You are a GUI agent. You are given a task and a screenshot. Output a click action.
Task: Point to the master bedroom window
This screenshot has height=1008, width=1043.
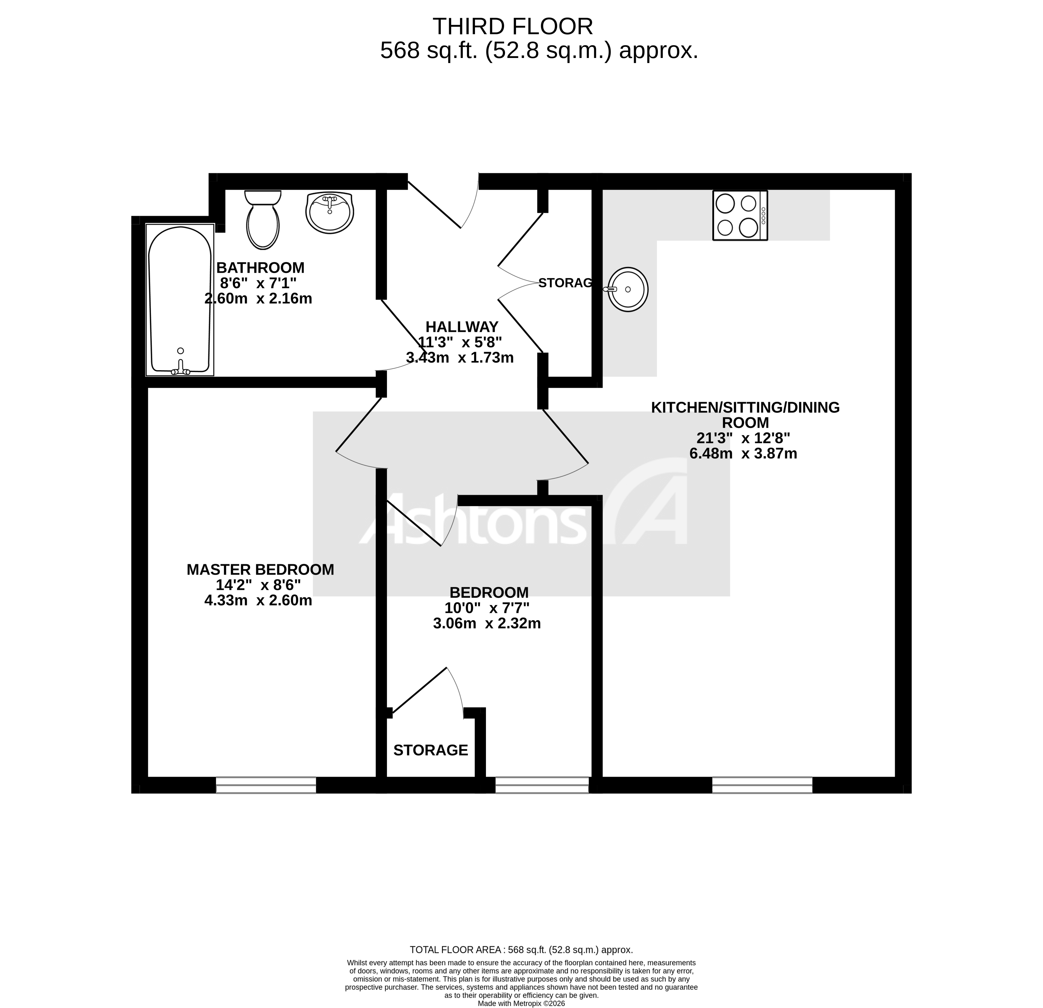point(266,785)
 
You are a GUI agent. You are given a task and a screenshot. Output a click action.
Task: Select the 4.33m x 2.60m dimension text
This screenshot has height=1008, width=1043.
point(258,601)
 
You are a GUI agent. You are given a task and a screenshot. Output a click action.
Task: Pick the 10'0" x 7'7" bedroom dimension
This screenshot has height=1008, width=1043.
point(487,608)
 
